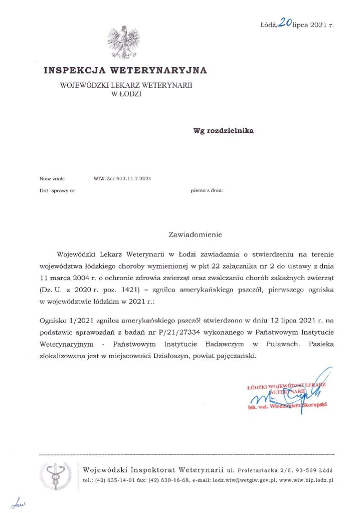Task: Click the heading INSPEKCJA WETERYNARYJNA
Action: [125, 70]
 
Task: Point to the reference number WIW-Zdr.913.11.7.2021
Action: [122, 178]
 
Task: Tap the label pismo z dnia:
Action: [207, 190]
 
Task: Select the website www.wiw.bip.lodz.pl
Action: [306, 480]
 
